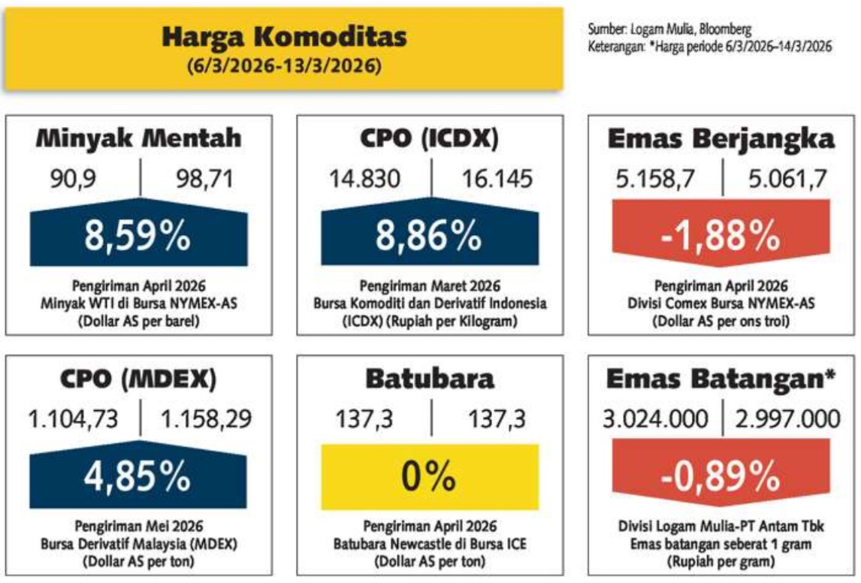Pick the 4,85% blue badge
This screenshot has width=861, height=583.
pos(139,475)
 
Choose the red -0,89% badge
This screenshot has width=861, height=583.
pos(721,475)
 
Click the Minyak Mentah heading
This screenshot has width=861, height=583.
pos(140,139)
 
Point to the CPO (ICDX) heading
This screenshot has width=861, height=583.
pos(430,139)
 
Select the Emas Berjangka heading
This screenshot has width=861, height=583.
pos(721,139)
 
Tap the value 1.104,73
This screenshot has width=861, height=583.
pos(74,418)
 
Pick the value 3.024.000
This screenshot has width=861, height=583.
pos(654,418)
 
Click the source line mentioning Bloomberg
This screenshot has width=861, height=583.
pos(670,29)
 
